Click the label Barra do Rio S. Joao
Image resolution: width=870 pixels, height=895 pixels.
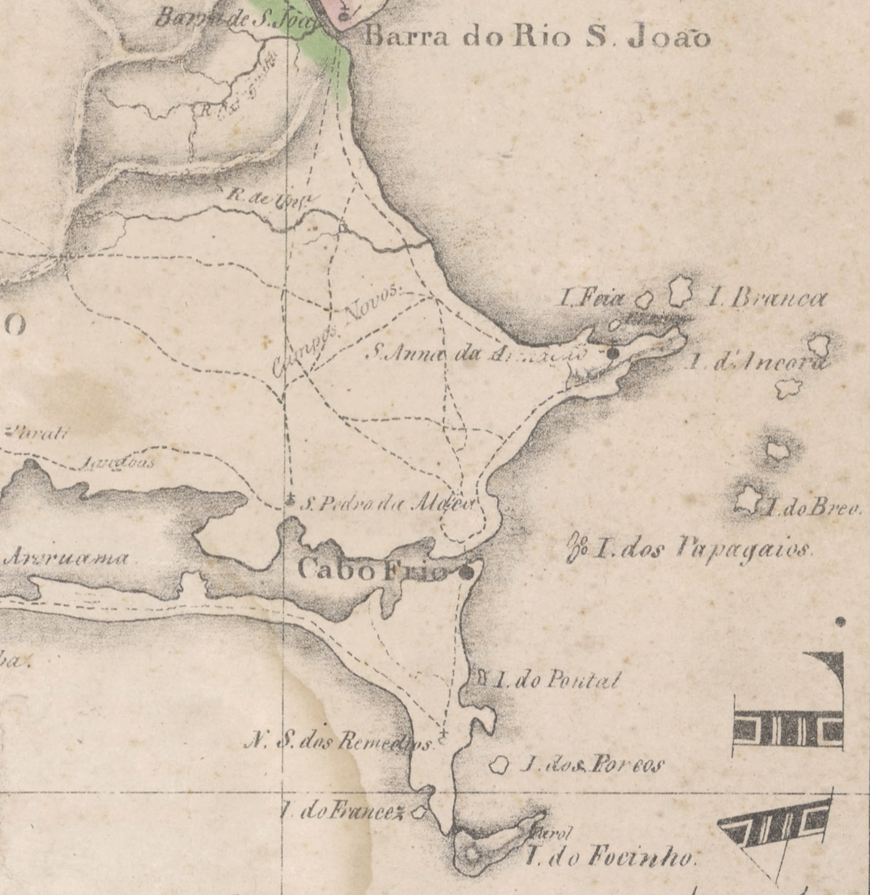point(536,37)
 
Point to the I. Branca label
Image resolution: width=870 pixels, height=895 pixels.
point(767,299)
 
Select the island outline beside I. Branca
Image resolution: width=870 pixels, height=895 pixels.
point(680,290)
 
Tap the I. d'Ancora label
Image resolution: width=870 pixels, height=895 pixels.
point(758,362)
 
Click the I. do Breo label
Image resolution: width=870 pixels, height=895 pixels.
point(813,509)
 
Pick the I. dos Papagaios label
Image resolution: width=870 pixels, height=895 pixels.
point(703,549)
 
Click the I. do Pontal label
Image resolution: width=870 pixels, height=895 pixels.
point(556,681)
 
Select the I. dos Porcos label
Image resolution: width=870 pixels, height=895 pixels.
point(591,764)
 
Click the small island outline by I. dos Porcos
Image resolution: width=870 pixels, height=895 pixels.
point(498,764)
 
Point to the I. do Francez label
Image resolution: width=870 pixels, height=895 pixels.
point(342,811)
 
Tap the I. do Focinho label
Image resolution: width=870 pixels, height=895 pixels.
point(610,858)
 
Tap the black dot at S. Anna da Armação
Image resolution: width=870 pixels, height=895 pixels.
point(613,353)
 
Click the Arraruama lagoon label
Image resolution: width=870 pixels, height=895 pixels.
point(66,557)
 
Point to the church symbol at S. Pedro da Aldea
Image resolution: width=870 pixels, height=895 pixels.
point(290,500)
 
